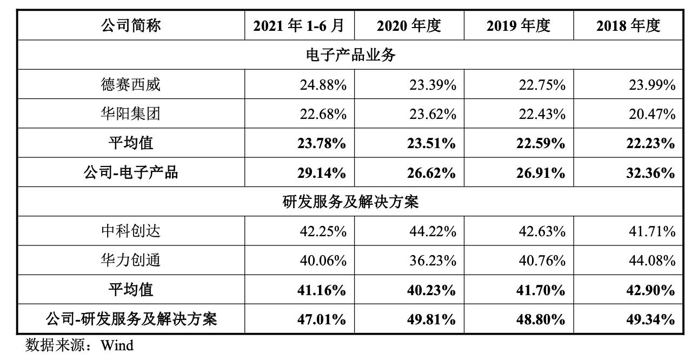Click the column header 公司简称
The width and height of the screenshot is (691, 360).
point(131,25)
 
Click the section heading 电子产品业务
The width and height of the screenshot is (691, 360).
point(351,55)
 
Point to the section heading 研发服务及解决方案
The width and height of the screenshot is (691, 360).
point(351,202)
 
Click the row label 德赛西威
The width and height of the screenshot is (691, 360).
point(131,84)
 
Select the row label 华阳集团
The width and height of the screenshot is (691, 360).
point(131,114)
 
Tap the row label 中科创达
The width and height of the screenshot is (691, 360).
point(131,231)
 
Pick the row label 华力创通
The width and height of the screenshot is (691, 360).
point(131,261)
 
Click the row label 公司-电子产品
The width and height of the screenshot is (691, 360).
point(131,173)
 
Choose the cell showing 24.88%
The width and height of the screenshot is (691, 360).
point(323,85)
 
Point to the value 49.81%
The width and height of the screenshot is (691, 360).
point(432,319)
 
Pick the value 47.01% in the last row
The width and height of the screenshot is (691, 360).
point(323,319)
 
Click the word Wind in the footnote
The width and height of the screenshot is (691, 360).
point(117,345)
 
